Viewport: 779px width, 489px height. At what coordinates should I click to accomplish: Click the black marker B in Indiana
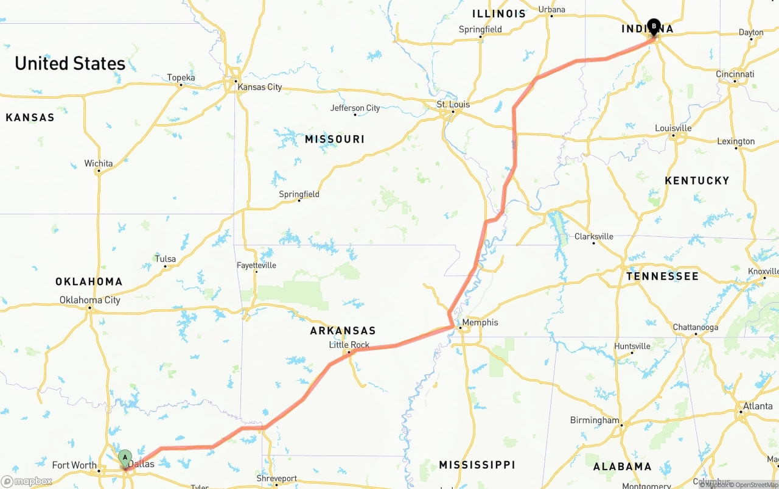(654, 26)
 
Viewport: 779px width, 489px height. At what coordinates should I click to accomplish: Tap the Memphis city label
(480, 322)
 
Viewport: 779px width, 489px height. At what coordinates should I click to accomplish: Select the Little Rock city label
(349, 345)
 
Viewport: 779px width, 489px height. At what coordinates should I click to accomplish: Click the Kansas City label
(259, 87)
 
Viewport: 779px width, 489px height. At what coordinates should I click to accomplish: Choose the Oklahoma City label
(89, 300)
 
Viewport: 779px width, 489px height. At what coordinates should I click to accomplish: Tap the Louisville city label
(672, 128)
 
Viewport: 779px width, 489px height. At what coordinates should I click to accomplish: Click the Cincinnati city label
(735, 74)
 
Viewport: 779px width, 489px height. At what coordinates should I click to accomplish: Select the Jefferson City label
(355, 108)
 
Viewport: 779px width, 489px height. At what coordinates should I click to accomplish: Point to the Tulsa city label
(165, 259)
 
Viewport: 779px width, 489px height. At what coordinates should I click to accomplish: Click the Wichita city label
(98, 163)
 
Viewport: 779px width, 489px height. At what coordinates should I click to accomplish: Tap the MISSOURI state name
(334, 139)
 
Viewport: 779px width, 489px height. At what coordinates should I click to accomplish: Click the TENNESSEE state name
(662, 276)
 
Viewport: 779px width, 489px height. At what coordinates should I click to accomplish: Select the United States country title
(70, 63)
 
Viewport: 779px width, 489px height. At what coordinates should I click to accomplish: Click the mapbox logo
(27, 481)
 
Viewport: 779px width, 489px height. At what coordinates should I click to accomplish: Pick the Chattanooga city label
(695, 327)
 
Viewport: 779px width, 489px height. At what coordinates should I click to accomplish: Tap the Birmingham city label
(594, 420)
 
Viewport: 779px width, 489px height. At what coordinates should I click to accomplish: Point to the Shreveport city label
(276, 479)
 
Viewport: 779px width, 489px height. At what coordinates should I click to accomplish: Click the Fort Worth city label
(74, 465)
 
